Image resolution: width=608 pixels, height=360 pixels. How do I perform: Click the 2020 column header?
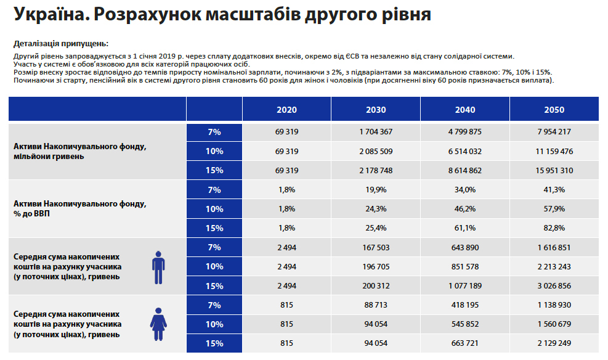[286, 110]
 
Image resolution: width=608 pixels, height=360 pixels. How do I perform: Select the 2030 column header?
[376, 110]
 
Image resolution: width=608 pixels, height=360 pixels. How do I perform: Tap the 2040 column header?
[465, 110]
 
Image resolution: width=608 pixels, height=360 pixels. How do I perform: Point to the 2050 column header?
[554, 110]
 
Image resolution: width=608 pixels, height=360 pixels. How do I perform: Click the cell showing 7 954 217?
[554, 132]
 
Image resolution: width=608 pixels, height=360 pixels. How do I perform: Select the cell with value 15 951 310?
[554, 170]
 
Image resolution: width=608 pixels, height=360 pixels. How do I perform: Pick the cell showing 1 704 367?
[376, 132]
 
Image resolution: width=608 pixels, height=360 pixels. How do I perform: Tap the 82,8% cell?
[554, 228]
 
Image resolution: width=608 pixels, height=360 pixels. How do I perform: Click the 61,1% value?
[465, 228]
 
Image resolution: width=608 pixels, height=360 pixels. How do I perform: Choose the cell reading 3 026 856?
[554, 286]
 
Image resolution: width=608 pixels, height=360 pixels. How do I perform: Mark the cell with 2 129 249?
[554, 343]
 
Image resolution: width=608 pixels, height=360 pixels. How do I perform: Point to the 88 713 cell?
[376, 305]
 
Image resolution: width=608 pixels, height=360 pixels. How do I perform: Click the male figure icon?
[158, 266]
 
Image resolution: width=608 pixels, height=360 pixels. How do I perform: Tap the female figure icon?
[158, 324]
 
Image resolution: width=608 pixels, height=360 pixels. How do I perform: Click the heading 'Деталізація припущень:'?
[60, 44]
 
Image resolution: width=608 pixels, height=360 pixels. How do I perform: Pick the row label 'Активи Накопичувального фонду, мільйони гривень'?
[80, 152]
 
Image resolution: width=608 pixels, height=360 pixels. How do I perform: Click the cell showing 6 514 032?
[465, 151]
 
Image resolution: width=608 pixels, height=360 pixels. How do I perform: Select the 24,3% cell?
[376, 209]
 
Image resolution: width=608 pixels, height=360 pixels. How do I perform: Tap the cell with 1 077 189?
[465, 286]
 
